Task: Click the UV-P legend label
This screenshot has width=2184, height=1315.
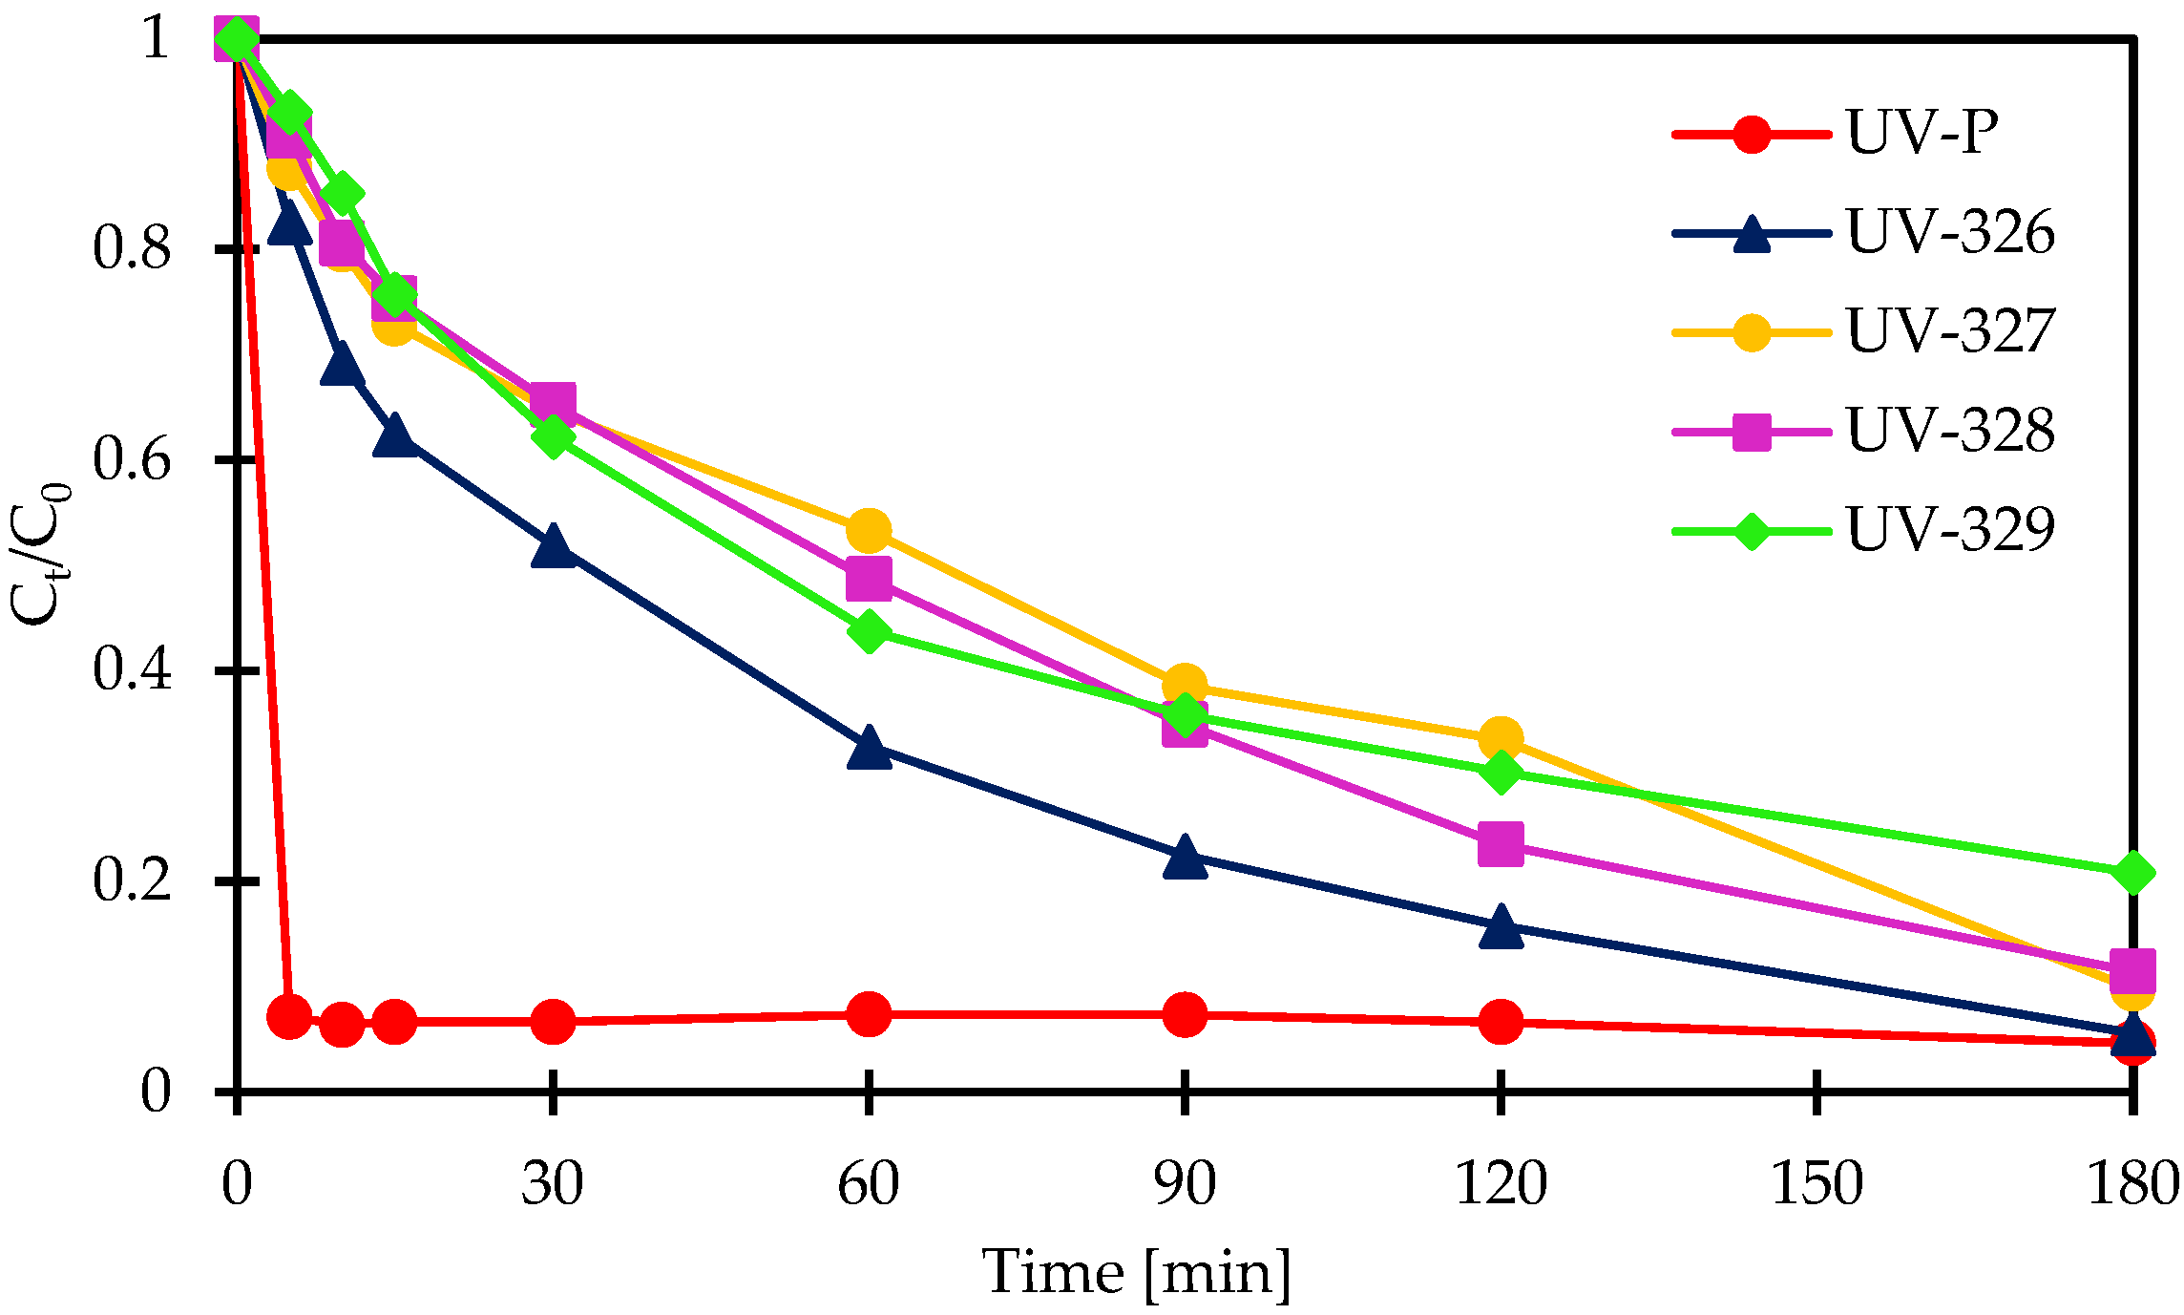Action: pos(1921,133)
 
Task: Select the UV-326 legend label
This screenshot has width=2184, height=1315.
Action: pos(1950,232)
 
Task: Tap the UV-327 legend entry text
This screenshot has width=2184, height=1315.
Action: pos(1950,331)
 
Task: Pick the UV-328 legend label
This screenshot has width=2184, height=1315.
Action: pos(1950,431)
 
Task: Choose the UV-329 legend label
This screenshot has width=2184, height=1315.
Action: pos(1950,530)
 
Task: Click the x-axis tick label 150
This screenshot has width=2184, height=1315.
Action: pos(1816,1184)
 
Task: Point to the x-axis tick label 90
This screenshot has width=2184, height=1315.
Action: pos(1185,1184)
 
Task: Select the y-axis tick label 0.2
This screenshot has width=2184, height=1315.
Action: pos(132,880)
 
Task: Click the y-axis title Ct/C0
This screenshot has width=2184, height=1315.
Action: pos(40,554)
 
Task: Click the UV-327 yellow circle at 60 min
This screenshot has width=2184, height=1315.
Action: pos(869,529)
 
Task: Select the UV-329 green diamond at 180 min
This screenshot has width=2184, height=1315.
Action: pos(2132,872)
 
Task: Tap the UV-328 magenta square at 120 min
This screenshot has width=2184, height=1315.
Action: pos(1501,844)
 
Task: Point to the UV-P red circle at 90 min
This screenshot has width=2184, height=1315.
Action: pos(1185,1014)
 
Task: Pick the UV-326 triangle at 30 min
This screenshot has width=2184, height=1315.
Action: pos(553,546)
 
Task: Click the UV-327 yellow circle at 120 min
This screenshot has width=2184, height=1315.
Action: pos(1501,738)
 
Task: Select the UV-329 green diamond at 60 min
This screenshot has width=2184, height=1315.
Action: pos(869,631)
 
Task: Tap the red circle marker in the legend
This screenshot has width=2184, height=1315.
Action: pos(1752,134)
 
